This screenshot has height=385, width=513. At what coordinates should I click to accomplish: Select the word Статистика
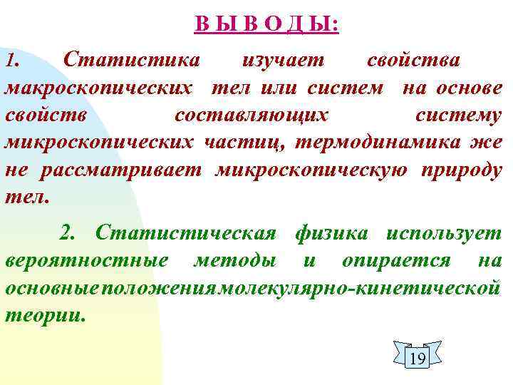tap(131, 59)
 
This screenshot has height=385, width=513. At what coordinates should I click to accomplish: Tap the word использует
tap(443, 232)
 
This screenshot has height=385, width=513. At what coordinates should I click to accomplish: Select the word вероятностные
tap(87, 260)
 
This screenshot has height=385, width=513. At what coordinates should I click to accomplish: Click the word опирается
tap(396, 260)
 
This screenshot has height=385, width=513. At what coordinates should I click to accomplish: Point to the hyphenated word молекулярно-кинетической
tap(361, 287)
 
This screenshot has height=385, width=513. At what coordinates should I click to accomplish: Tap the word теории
tap(46, 314)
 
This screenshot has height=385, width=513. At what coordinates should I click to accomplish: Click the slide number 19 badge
tap(418, 357)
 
